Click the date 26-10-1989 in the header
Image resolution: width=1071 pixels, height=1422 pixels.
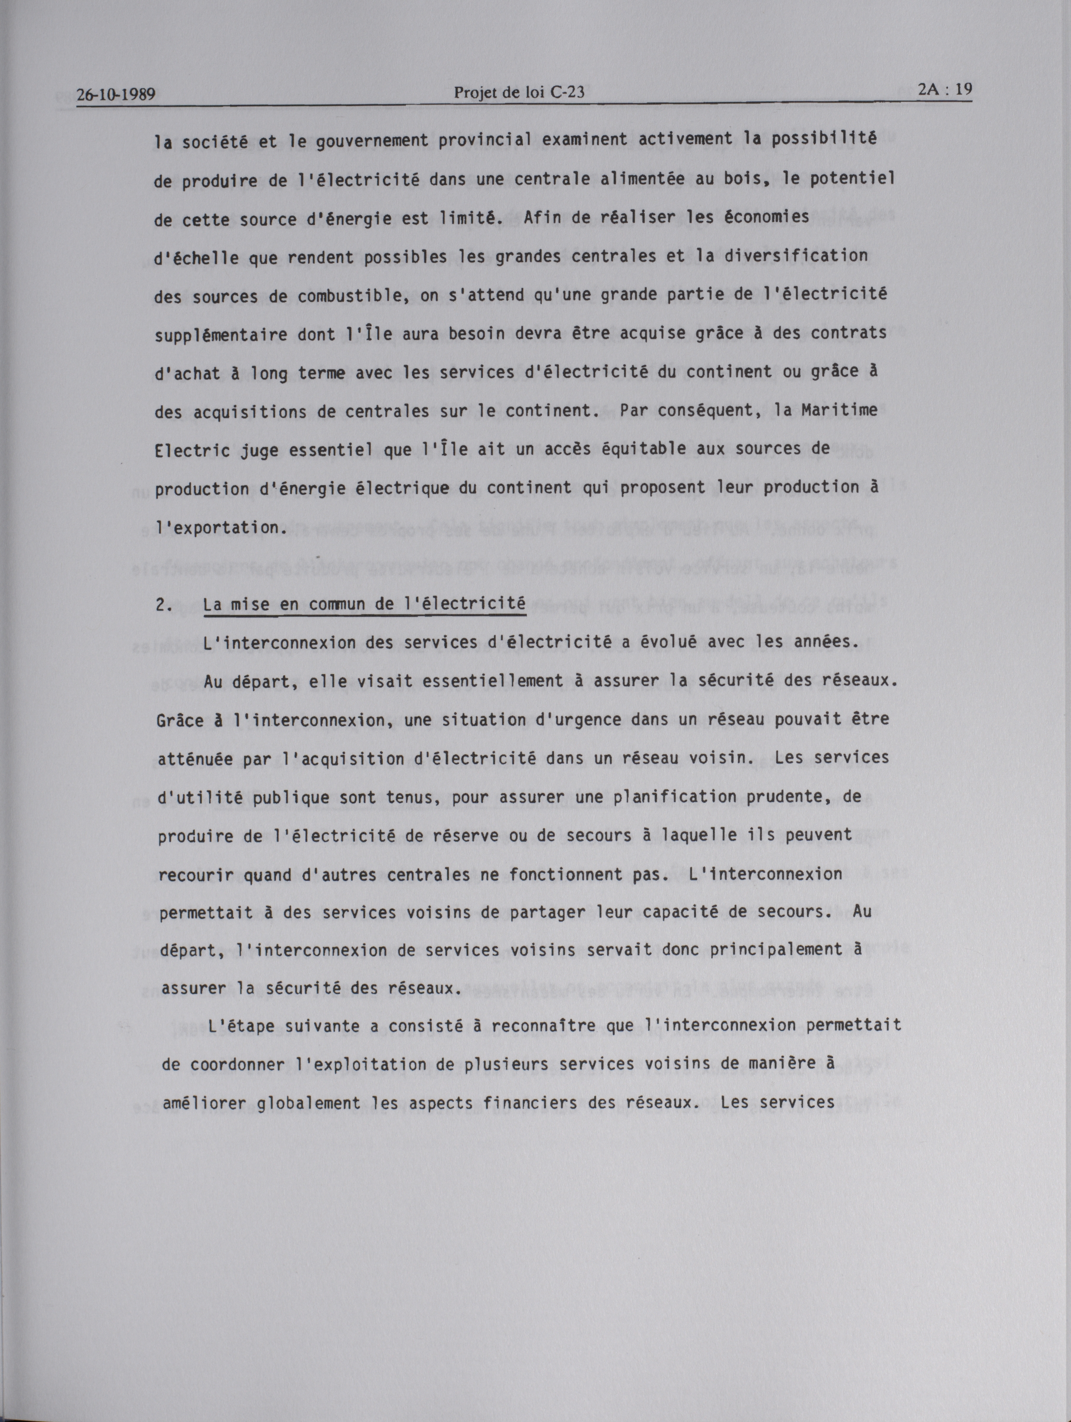116,95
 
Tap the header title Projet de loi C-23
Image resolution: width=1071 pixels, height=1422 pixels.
520,92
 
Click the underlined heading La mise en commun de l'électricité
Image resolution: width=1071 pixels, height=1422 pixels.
364,605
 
